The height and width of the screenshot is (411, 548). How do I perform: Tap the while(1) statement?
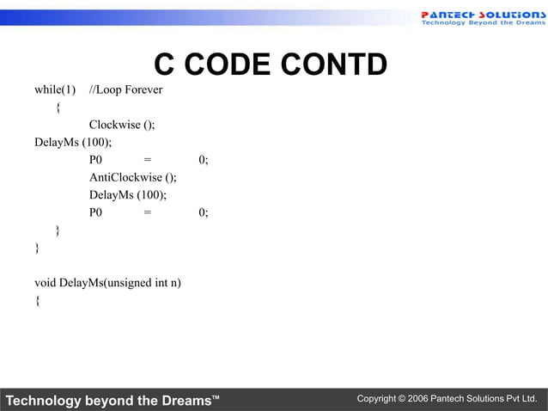click(x=55, y=89)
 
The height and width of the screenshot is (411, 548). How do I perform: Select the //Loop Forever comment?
click(x=126, y=89)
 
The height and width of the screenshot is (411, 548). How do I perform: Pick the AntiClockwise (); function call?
click(x=132, y=177)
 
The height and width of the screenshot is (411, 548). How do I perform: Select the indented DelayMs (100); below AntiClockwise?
click(x=128, y=195)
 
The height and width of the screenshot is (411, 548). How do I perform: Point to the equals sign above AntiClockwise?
click(x=148, y=160)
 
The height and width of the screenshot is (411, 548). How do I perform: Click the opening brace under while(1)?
click(x=58, y=107)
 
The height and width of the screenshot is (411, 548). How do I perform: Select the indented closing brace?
click(x=58, y=230)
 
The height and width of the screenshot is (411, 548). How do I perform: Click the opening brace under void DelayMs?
click(x=37, y=301)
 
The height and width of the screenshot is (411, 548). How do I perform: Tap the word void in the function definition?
click(x=45, y=283)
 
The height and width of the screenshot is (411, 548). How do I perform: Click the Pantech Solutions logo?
click(x=481, y=17)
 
